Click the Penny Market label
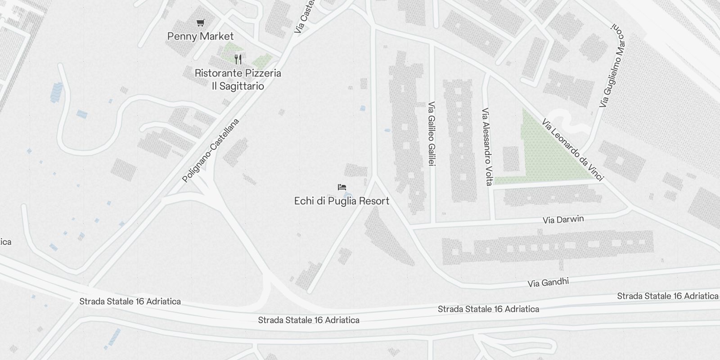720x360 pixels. tap(200, 36)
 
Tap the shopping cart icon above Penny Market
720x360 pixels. tap(201, 22)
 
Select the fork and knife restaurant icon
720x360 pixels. tap(238, 59)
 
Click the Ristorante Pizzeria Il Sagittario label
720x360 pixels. tap(238, 79)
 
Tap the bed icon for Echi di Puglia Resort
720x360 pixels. tap(342, 187)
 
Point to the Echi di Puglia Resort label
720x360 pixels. tap(342, 201)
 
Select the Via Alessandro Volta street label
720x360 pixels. tap(487, 146)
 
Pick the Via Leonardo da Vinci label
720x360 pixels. tap(572, 149)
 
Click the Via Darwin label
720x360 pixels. tap(563, 220)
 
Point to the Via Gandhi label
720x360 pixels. tap(548, 282)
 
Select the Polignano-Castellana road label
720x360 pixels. tap(211, 150)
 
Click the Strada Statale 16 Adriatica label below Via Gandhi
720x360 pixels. tap(488, 309)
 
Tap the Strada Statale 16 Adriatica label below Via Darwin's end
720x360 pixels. tap(667, 296)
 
